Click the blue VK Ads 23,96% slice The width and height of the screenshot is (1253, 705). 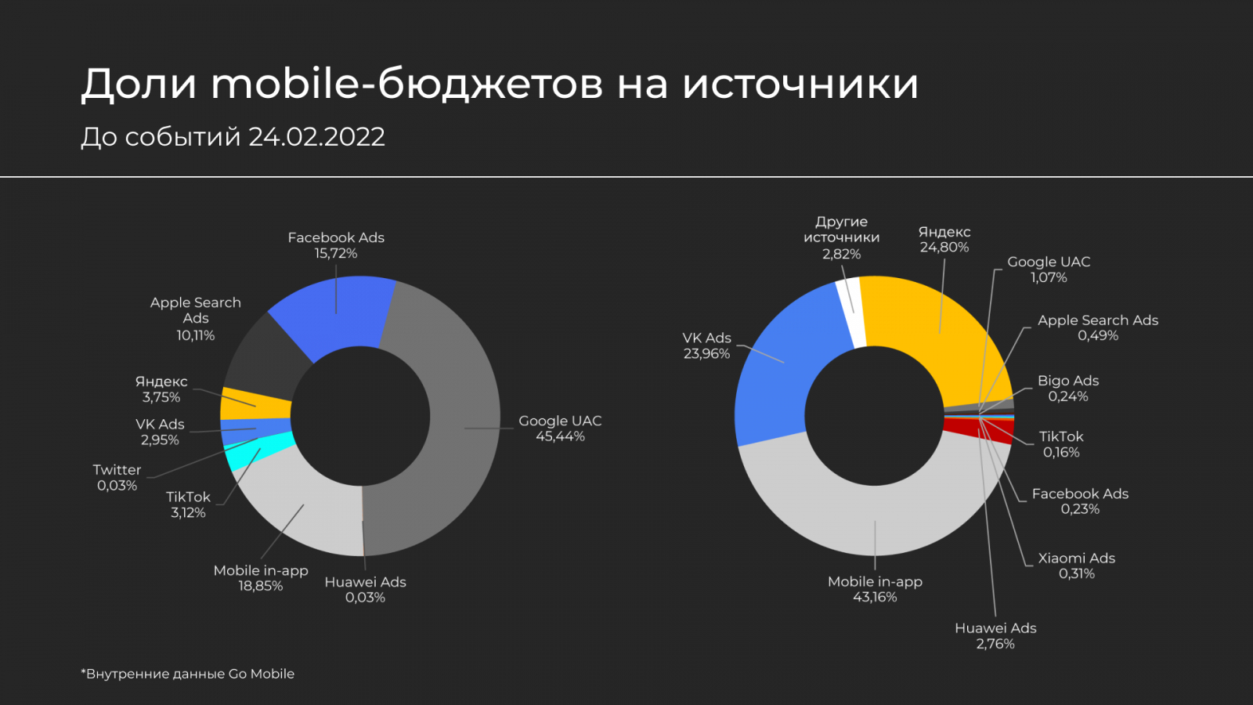click(775, 376)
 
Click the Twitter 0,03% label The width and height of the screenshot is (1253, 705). click(117, 477)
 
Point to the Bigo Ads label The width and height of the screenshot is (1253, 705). click(1068, 388)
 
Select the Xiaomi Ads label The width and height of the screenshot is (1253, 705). click(1076, 566)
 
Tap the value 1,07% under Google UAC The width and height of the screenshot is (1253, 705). click(1049, 277)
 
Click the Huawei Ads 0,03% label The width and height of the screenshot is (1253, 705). click(365, 589)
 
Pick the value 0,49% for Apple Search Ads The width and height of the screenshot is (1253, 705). click(1098, 335)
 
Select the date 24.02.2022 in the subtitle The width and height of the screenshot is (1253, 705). click(316, 137)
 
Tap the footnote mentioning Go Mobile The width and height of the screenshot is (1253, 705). click(188, 674)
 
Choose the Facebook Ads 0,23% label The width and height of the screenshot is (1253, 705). click(1080, 501)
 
